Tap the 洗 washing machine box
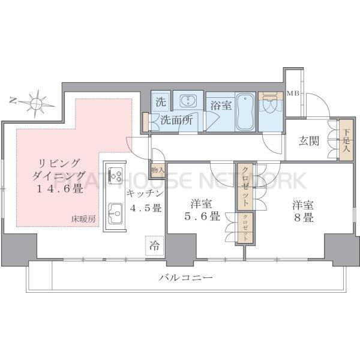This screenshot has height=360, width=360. (160, 102)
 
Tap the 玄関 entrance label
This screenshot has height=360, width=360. (309, 142)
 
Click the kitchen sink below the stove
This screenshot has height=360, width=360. (115, 211)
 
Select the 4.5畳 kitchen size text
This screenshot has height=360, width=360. (143, 208)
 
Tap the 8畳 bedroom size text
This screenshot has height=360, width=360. (303, 218)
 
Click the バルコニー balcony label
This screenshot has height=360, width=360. (187, 278)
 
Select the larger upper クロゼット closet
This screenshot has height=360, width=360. (245, 187)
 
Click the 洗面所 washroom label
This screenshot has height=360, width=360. (176, 119)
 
